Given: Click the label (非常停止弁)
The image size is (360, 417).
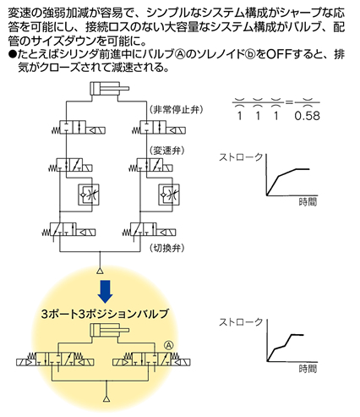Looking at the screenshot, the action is click(176, 109).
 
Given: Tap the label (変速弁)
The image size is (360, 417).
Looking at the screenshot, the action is click(167, 151).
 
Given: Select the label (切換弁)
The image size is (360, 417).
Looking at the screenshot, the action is click(167, 248).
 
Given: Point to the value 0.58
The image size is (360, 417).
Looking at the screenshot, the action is click(307, 116).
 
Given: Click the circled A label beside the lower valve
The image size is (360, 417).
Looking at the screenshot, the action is click(169, 345).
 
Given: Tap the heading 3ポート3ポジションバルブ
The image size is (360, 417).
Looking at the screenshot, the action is click(105, 314).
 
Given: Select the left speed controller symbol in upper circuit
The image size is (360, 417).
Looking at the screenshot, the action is click(89, 195).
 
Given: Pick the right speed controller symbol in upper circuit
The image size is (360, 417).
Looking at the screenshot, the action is click(169, 195).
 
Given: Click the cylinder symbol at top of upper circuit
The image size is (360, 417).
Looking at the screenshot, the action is click(109, 89).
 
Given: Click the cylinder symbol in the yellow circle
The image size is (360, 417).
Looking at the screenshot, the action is click(109, 330).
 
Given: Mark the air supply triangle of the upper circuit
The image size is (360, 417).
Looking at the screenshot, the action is click(100, 271).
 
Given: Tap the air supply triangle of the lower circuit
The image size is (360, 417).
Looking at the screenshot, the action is click(106, 399).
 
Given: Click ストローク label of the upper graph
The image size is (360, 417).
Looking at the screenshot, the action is click(241, 157).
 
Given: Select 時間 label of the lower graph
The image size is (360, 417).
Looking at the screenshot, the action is click(308, 369).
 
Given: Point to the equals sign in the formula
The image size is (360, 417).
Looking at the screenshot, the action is click(289, 102).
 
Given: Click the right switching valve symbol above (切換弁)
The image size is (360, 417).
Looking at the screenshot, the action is click(150, 230).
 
